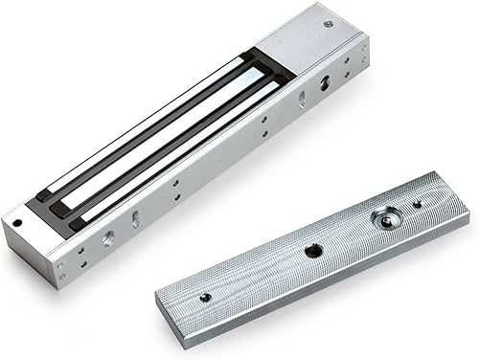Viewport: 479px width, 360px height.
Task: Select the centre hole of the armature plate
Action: click(313, 251)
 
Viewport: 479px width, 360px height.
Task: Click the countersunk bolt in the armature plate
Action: click(384, 219)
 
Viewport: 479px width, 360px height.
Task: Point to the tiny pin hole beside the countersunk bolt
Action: click(417, 203)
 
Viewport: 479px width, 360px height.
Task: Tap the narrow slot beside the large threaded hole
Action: click(135, 219)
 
